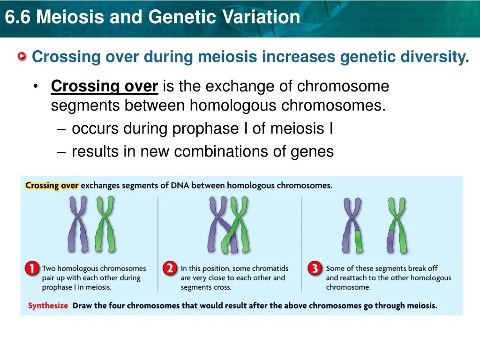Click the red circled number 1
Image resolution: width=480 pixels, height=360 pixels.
[x=32, y=269]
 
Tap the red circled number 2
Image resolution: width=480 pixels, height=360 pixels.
[x=170, y=269]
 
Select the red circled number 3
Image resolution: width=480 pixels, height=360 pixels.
[x=315, y=269]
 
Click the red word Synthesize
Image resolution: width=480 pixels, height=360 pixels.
[x=48, y=306]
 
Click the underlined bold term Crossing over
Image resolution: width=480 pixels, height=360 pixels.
[x=105, y=86]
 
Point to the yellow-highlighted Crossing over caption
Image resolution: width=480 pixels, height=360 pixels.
[x=52, y=186]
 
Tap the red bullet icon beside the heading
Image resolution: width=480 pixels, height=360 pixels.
[x=22, y=56]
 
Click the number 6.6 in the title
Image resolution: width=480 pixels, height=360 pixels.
[x=18, y=17]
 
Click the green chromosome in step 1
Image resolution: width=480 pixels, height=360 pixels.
[x=105, y=224]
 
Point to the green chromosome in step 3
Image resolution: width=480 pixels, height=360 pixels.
[x=397, y=225]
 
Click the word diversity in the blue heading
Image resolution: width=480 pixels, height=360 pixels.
[x=435, y=57]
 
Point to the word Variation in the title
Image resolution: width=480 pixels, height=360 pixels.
[x=261, y=17]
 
